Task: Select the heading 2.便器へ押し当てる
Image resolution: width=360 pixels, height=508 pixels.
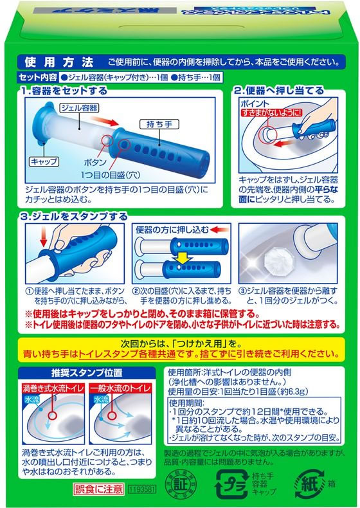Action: click(x=283, y=91)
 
